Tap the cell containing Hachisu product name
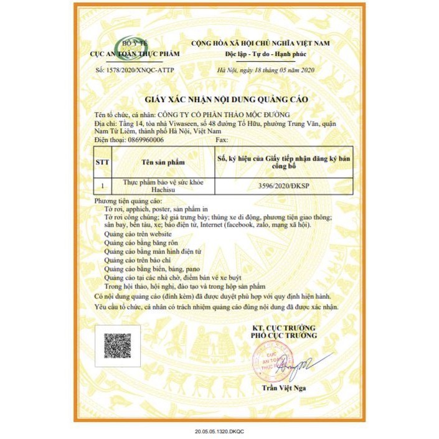pyautogui.click(x=163, y=186)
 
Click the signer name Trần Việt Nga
pyautogui.click(x=284, y=389)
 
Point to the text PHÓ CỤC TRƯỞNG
pyautogui.click(x=284, y=336)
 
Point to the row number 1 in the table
pyautogui.click(x=102, y=186)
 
